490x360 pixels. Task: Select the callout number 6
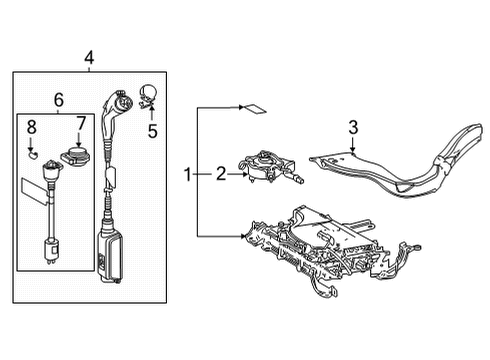57,101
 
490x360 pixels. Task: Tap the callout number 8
31,127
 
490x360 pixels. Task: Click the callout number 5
153,129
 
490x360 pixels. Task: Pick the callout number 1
187,175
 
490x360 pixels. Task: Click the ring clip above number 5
150,98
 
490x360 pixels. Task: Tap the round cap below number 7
78,157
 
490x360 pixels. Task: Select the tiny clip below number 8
32,155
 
